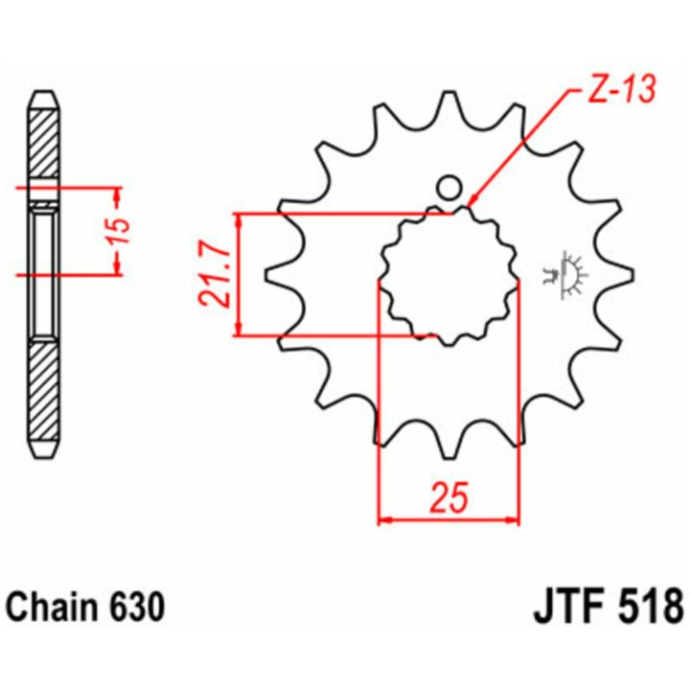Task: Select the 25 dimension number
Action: click(449, 497)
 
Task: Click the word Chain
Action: click(50, 608)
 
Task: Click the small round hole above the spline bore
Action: click(448, 188)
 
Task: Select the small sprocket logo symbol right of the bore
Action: click(566, 275)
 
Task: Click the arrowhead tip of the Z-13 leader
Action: click(469, 206)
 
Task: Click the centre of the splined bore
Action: click(448, 275)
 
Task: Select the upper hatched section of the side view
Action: click(43, 144)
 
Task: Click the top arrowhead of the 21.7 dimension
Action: click(239, 219)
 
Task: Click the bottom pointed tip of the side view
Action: click(43, 457)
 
